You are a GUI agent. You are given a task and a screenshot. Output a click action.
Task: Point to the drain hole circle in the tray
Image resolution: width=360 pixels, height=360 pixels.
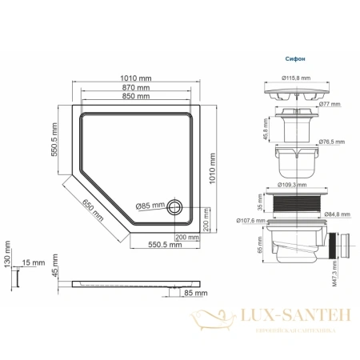click(x=176, y=208)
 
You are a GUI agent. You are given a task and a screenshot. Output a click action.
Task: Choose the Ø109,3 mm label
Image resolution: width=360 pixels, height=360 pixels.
click(x=296, y=184)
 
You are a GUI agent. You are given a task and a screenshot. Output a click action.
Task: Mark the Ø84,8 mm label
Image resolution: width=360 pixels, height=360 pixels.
click(x=337, y=214)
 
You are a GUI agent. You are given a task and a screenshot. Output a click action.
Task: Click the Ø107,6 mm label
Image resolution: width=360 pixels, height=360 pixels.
click(x=250, y=222)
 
